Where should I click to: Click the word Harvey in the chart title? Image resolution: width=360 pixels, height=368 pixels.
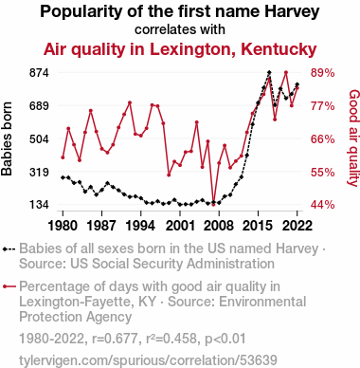tap(292, 12)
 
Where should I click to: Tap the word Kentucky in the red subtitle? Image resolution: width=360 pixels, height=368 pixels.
tap(279, 49)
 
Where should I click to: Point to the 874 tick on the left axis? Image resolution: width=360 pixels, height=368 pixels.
tap(39, 73)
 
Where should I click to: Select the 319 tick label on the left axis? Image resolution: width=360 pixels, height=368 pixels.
tap(39, 173)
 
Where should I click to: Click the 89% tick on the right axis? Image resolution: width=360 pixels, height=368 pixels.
tap(322, 73)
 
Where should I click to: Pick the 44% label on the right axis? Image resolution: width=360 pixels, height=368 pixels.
tap(322, 205)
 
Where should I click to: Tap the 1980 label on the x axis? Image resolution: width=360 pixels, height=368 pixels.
tap(63, 226)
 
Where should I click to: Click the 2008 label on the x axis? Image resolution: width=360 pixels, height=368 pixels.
tap(219, 226)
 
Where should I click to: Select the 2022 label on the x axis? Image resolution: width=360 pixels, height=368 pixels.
tap(297, 226)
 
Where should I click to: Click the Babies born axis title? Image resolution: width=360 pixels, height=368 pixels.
tap(7, 138)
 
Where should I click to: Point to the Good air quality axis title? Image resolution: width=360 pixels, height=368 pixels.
tap(353, 138)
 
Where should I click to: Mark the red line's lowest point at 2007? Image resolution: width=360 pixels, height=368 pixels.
tap(213, 204)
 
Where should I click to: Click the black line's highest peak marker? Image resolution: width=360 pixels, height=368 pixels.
tap(269, 72)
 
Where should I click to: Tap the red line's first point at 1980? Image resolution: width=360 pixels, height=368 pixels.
tap(63, 157)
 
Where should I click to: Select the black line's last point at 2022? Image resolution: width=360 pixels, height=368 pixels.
tap(297, 84)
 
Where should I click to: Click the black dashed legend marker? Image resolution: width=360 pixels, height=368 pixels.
tap(9, 249)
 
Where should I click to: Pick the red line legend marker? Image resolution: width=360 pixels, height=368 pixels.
tap(9, 286)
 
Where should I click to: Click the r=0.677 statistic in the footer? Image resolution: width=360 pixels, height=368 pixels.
tap(115, 339)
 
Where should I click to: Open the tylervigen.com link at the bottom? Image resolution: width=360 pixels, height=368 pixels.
tap(148, 360)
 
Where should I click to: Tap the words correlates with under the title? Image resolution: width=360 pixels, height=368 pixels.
tap(180, 29)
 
